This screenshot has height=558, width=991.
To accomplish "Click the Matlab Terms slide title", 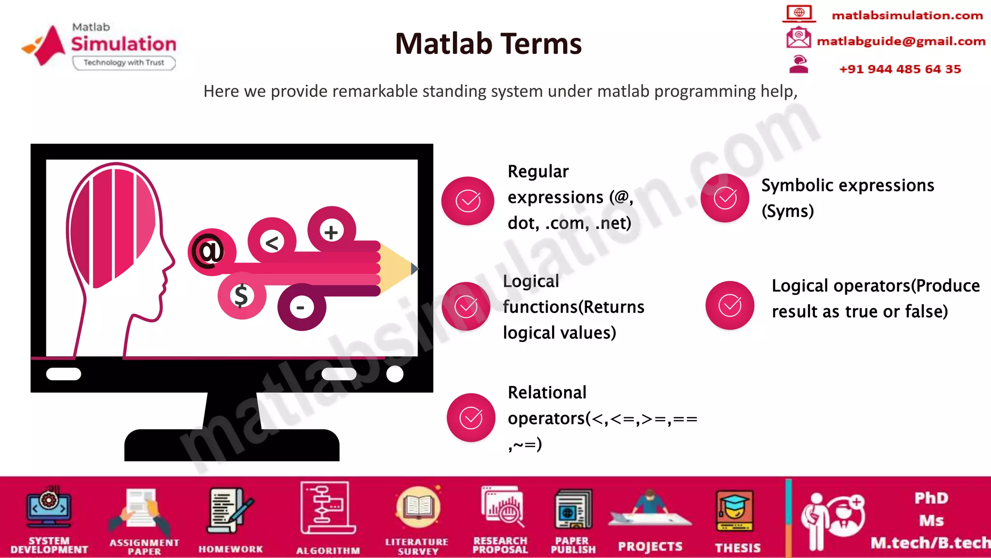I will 488,44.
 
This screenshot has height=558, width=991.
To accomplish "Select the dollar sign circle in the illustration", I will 241,295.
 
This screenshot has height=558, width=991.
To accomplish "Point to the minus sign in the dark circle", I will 301,307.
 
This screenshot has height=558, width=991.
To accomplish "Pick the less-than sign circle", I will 272,242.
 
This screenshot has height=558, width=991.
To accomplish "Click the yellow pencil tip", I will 398,268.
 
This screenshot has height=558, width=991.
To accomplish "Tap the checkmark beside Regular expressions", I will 468,201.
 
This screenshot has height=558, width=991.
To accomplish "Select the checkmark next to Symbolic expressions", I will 725,198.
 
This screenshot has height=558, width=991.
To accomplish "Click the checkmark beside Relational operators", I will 471,418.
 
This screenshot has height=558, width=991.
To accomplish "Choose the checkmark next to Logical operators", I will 730,305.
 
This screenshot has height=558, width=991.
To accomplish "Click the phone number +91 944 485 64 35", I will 900,69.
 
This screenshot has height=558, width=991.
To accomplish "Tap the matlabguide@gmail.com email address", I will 901,41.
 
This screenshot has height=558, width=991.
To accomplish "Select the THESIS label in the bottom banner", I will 737,547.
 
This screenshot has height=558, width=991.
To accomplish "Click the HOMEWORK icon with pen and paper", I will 230,511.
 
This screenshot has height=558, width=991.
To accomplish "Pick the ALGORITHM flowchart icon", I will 327,509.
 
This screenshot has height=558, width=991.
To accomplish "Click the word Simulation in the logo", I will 124,44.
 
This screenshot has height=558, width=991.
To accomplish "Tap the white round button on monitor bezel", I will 395,374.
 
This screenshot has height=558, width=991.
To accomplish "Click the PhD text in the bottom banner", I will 931,498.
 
